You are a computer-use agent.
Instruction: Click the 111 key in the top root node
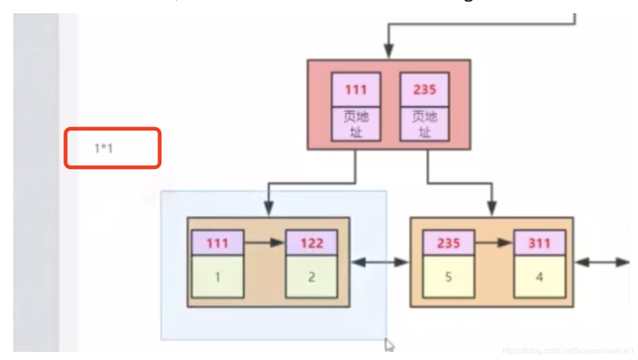(356, 89)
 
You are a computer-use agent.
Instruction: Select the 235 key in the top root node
(424, 89)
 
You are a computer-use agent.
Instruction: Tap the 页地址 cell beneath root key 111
(356, 124)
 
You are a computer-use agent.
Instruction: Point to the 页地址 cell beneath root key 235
(424, 124)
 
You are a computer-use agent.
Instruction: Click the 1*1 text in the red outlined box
(103, 148)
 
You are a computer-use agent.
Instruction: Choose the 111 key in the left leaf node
(217, 243)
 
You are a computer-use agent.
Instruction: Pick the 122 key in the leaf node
(311, 243)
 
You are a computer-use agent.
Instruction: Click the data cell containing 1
(217, 277)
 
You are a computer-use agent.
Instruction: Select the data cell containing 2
(311, 277)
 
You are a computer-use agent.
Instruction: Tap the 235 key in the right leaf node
(448, 243)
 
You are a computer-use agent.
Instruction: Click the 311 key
(539, 243)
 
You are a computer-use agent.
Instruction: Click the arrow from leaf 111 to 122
(265, 243)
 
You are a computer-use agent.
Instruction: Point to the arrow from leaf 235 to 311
(494, 243)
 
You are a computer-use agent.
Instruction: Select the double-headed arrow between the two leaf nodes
(380, 262)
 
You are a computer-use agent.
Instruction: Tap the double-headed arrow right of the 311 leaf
(602, 262)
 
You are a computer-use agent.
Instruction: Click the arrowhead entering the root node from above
(389, 51)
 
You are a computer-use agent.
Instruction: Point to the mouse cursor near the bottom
(389, 345)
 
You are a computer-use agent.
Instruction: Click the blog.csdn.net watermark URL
(567, 351)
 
